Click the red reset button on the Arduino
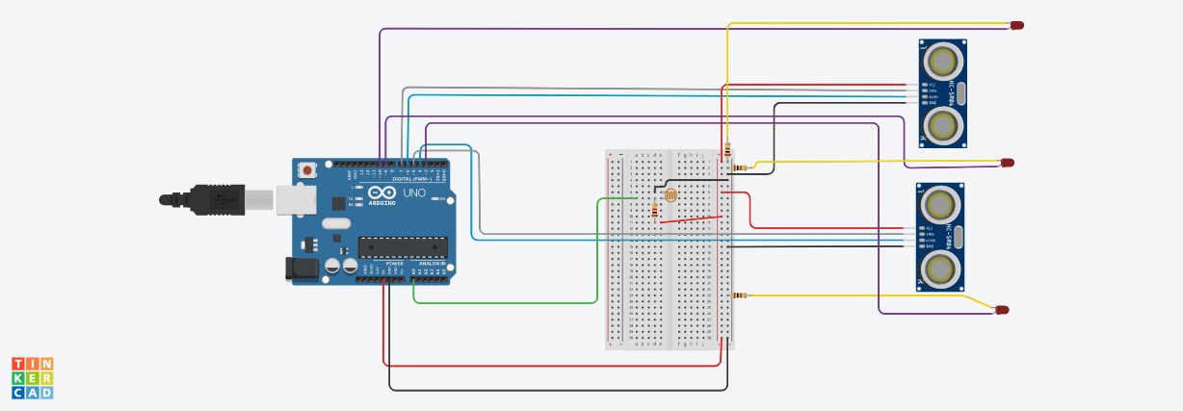pyautogui.click(x=307, y=170)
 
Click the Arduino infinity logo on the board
pyautogui.click(x=381, y=193)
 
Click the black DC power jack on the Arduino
pyautogui.click(x=302, y=269)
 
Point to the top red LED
pyautogui.click(x=1016, y=25)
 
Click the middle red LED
pyautogui.click(x=1007, y=163)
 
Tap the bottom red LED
pyautogui.click(x=1002, y=310)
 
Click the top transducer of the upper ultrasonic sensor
pyautogui.click(x=942, y=62)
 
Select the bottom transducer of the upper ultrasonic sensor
pyautogui.click(x=942, y=124)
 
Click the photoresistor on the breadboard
pyautogui.click(x=671, y=195)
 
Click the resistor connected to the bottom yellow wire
pyautogui.click(x=739, y=295)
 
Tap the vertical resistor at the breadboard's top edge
pyautogui.click(x=727, y=150)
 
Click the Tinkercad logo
pyautogui.click(x=32, y=377)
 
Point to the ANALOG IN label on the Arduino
pyautogui.click(x=431, y=263)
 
